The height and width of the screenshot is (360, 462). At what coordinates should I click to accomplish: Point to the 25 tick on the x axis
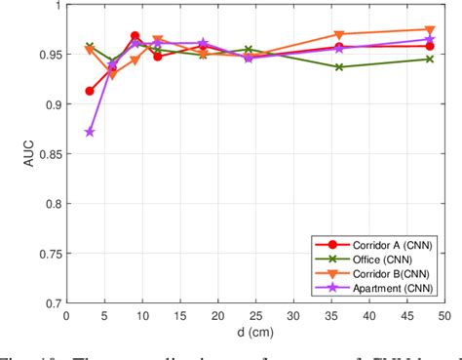point(255,314)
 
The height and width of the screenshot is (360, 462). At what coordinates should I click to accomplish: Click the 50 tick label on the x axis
point(444,314)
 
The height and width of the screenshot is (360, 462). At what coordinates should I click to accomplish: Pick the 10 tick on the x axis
point(141,314)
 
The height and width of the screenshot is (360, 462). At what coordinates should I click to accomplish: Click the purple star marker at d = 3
point(90,132)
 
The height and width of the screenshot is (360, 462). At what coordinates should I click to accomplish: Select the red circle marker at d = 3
point(90,91)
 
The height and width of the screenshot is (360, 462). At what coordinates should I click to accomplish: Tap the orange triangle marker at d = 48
point(430,30)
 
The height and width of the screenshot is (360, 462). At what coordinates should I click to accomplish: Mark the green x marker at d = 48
point(430,59)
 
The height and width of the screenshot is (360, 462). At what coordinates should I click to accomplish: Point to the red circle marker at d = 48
point(430,46)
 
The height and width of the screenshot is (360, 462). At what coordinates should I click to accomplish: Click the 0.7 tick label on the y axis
point(51,303)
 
